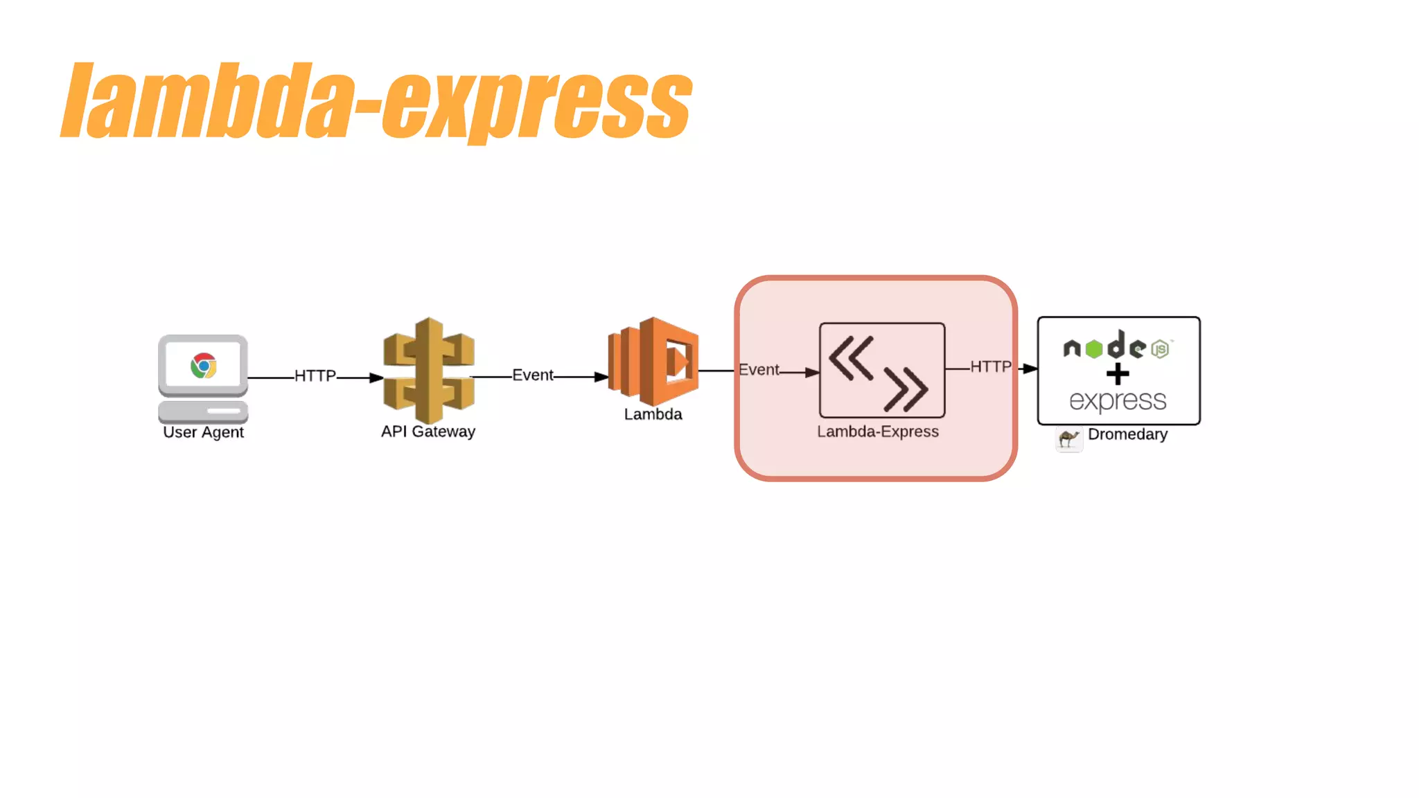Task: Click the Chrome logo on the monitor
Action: click(204, 365)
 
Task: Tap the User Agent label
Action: click(203, 432)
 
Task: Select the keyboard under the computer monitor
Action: click(203, 411)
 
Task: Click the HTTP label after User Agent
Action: click(315, 376)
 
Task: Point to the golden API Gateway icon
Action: click(429, 370)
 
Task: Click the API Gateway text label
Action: click(428, 432)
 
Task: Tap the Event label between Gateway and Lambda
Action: click(532, 375)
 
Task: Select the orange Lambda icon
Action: click(653, 361)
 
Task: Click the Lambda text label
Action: click(653, 414)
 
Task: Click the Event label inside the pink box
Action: click(759, 370)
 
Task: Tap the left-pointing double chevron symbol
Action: click(851, 358)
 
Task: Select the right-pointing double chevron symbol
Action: click(906, 389)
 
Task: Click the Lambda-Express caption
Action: click(878, 432)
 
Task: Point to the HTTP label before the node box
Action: click(990, 366)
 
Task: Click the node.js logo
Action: click(1116, 346)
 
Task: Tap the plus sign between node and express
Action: click(1118, 374)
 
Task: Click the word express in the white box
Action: click(1118, 400)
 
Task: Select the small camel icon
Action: click(1069, 438)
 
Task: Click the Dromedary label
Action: click(1127, 434)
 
